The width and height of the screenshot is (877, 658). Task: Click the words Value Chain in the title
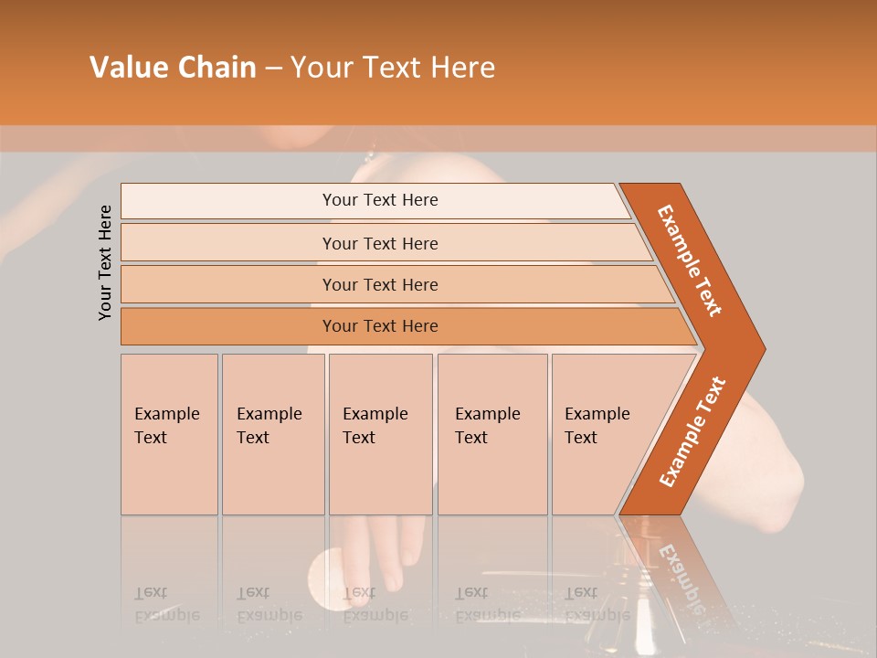(x=173, y=68)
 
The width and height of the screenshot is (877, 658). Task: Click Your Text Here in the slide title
(x=393, y=68)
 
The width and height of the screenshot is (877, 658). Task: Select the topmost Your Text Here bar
(x=380, y=200)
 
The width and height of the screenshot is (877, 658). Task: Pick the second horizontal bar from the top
(x=380, y=243)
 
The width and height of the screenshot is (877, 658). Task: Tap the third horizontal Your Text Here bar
(x=380, y=284)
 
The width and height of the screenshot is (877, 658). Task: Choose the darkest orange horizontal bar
(x=380, y=326)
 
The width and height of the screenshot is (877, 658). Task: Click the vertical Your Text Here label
(x=105, y=262)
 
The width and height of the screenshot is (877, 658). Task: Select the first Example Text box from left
(x=169, y=433)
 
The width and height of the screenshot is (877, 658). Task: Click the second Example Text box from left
(x=272, y=433)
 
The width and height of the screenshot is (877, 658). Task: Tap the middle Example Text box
(x=380, y=433)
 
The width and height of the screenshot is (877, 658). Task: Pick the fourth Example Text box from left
(x=491, y=433)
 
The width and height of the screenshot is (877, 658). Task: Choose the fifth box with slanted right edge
(x=603, y=433)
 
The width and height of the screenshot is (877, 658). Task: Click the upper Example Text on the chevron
(x=690, y=260)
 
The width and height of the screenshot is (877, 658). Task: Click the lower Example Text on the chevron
(x=692, y=432)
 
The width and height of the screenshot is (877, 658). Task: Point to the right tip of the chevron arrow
(x=763, y=349)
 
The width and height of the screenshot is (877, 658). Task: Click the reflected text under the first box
(x=166, y=604)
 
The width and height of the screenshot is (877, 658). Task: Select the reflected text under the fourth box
(x=488, y=604)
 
